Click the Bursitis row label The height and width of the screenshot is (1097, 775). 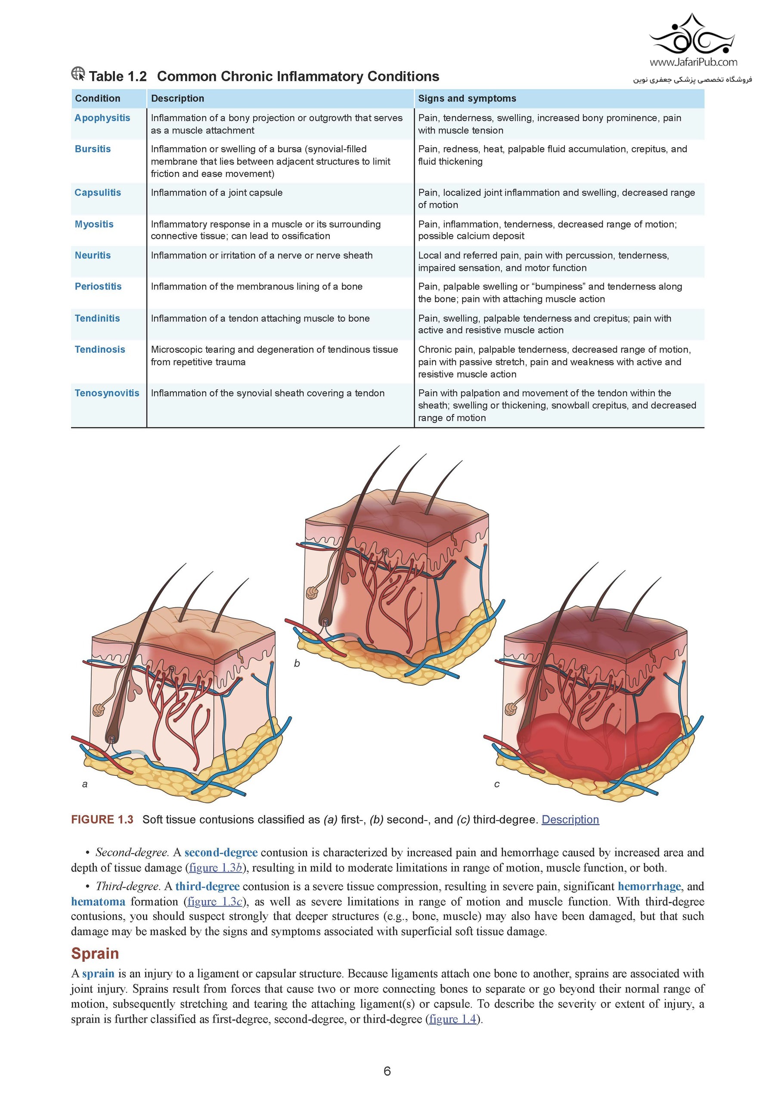(93, 149)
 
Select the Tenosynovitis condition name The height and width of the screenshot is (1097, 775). (107, 393)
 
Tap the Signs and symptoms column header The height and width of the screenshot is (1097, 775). (467, 99)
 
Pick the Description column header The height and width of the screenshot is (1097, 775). (178, 99)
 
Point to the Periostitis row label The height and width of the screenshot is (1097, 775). (98, 287)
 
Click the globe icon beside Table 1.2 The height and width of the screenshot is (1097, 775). (78, 74)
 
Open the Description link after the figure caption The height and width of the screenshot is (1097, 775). (570, 820)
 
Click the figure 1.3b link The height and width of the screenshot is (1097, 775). (216, 868)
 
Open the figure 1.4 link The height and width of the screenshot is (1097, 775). (453, 1019)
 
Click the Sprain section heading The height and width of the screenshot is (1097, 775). (95, 954)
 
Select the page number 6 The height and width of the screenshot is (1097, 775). (387, 1072)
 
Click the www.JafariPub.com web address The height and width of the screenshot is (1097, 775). (693, 62)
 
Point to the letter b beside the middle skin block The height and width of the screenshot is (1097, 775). (297, 664)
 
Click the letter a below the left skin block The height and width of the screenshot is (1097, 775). (85, 784)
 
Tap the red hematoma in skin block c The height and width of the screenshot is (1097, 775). (597, 746)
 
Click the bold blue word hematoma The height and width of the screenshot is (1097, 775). (98, 901)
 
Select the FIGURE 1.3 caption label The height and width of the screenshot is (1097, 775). (102, 820)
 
